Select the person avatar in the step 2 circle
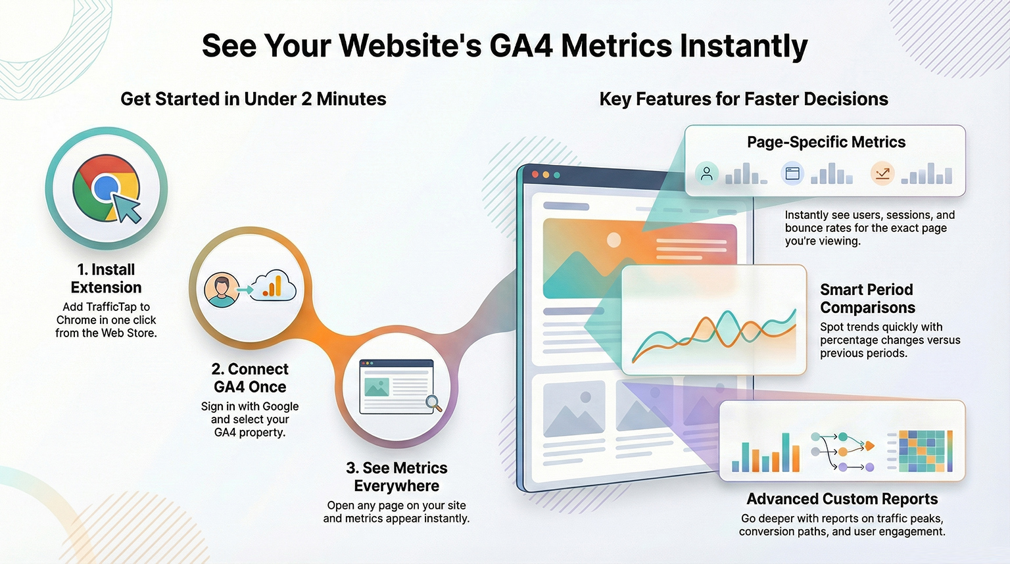(222, 290)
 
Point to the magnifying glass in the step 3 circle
(434, 403)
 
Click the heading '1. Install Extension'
(107, 278)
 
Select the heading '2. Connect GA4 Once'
(250, 378)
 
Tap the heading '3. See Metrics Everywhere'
(397, 477)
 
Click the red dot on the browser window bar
(535, 174)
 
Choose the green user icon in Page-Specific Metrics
(707, 174)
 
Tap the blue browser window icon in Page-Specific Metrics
(792, 173)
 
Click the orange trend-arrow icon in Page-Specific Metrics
(882, 174)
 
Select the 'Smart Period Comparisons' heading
(867, 298)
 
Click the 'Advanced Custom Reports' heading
(842, 499)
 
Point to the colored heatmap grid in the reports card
(922, 451)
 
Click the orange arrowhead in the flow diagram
(870, 446)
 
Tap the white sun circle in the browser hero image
(613, 240)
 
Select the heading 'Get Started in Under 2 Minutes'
(253, 99)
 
